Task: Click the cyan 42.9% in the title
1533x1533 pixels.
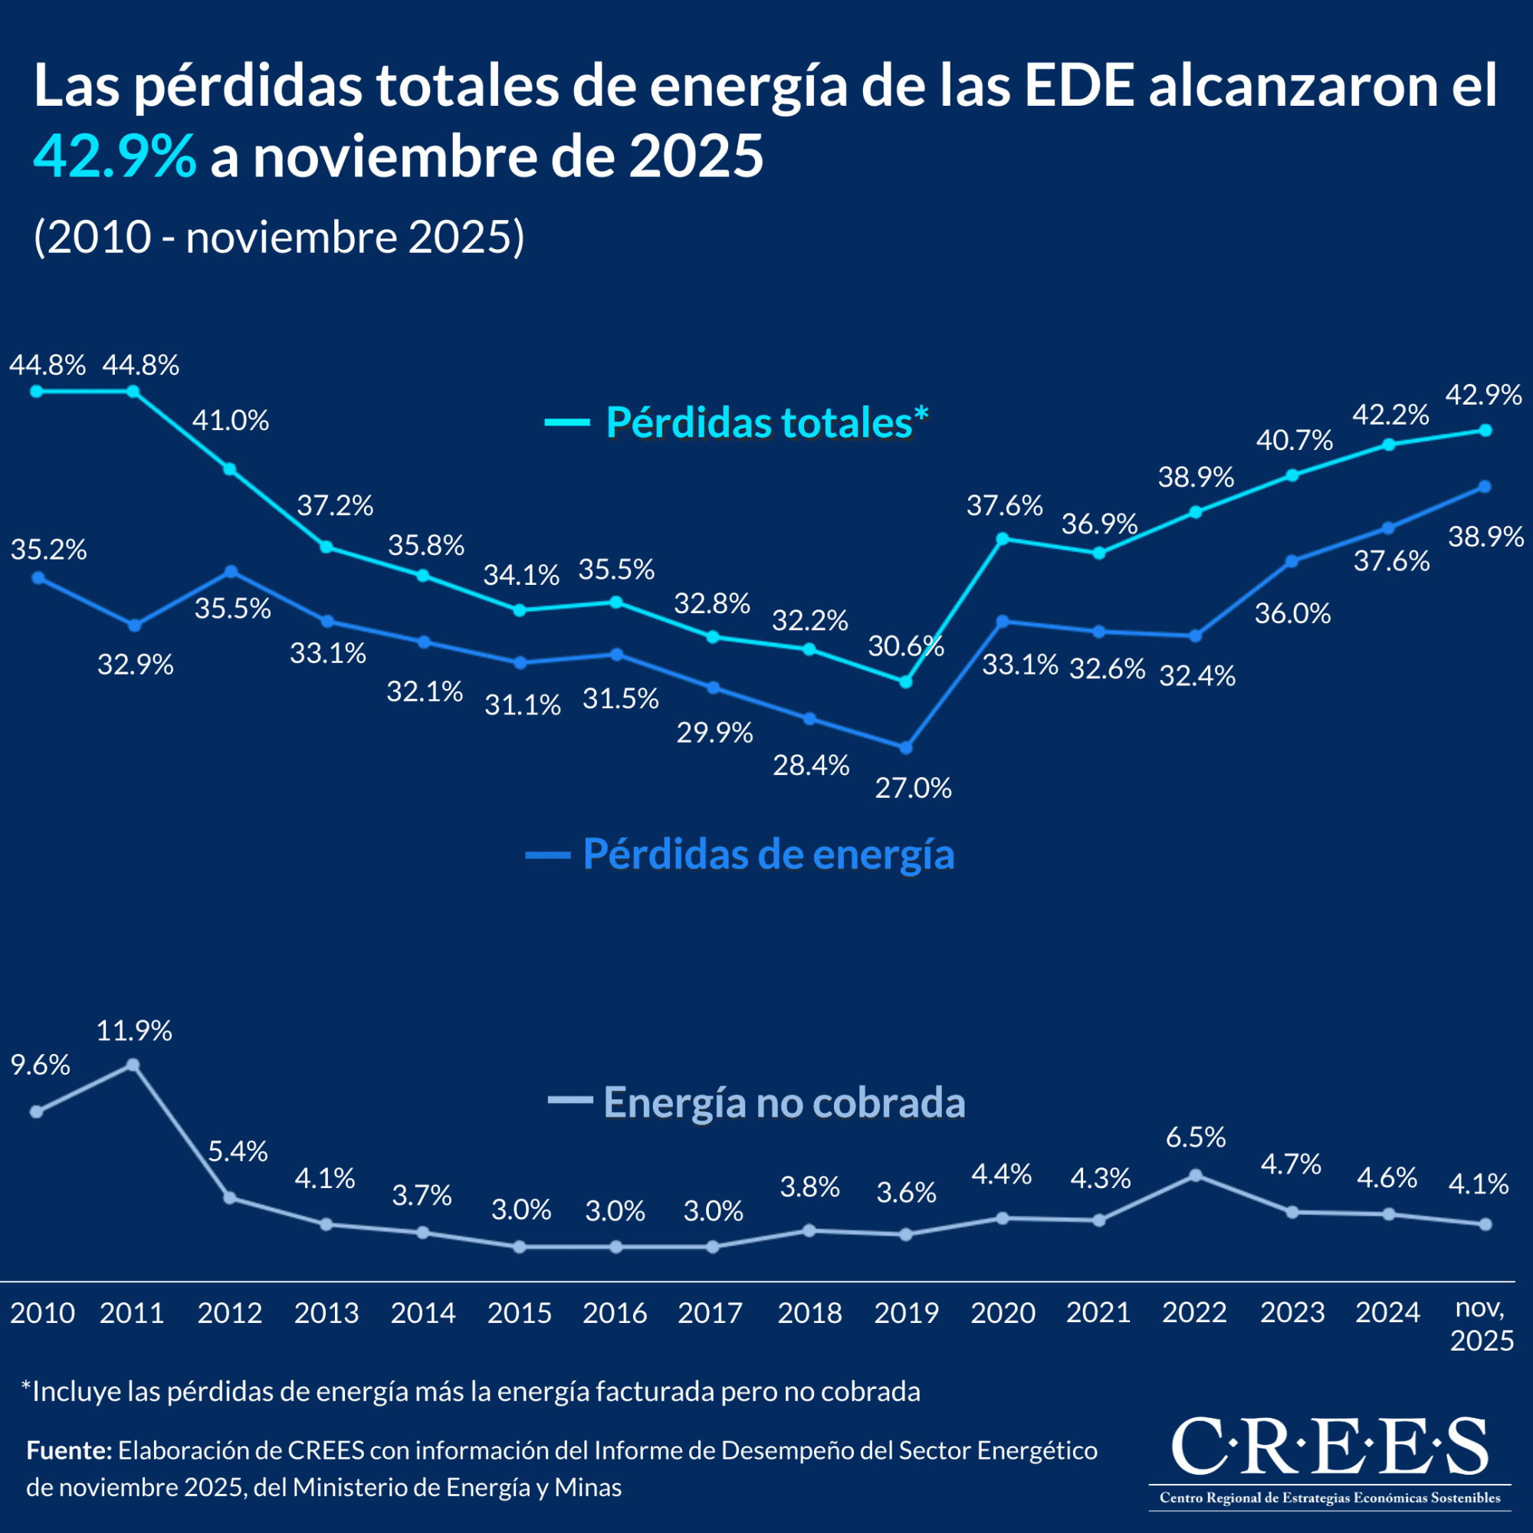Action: point(114,156)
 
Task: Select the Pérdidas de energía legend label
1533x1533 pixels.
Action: point(768,854)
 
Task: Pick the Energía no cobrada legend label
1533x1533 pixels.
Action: point(784,1101)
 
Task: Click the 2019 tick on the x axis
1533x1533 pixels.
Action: point(906,1312)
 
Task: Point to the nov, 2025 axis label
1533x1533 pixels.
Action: point(1482,1325)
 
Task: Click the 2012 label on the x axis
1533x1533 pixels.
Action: point(229,1312)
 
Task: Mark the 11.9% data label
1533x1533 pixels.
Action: point(134,1031)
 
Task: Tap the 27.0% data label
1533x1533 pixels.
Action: point(914,788)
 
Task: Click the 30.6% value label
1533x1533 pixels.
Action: point(905,646)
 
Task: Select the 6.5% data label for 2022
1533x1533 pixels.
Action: point(1196,1137)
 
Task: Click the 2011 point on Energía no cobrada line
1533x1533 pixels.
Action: point(133,1065)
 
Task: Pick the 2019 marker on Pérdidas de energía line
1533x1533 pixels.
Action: point(906,747)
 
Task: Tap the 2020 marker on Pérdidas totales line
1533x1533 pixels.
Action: point(1002,539)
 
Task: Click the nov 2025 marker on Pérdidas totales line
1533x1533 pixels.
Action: point(1486,430)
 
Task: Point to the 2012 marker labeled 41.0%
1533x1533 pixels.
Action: point(230,469)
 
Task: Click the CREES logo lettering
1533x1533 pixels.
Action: point(1329,1445)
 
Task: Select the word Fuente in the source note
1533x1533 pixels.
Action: point(69,1450)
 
